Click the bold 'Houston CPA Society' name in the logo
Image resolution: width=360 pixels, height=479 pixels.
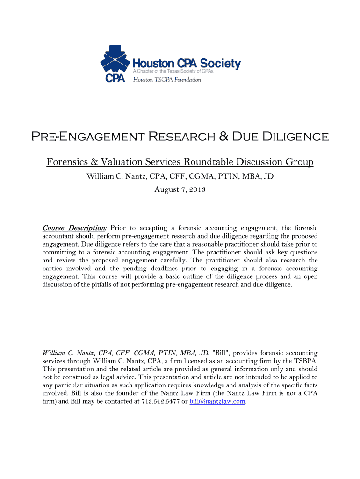tap(187, 64)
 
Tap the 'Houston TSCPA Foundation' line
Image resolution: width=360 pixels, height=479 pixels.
tap(167, 80)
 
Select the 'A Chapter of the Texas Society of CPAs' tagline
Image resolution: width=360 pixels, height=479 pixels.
tap(173, 72)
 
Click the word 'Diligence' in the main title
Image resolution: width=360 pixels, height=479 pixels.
tap(296, 137)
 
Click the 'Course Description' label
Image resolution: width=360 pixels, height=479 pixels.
tap(74, 228)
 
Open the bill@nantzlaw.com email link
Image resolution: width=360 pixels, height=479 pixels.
tap(217, 402)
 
